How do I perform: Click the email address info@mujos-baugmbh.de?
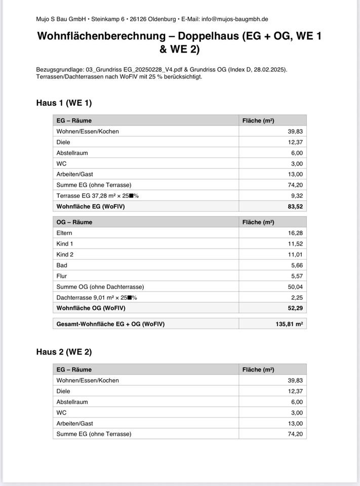pyautogui.click(x=234, y=19)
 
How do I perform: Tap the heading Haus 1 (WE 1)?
pyautogui.click(x=64, y=103)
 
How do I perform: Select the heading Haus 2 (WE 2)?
pyautogui.click(x=64, y=352)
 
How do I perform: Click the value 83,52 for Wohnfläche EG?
pyautogui.click(x=295, y=207)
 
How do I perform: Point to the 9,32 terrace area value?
pyautogui.click(x=296, y=196)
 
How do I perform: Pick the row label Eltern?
pyautogui.click(x=64, y=233)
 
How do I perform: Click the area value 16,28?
pyautogui.click(x=295, y=233)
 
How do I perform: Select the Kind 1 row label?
pyautogui.click(x=65, y=244)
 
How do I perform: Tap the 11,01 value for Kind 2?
pyautogui.click(x=295, y=255)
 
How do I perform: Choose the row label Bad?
pyautogui.click(x=62, y=265)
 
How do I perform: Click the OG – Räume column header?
pyautogui.click(x=74, y=222)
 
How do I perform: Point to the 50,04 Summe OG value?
pyautogui.click(x=295, y=287)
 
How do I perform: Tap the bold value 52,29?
pyautogui.click(x=295, y=308)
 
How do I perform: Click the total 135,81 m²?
pyautogui.click(x=289, y=324)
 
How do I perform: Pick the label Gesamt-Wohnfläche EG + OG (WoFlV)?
pyautogui.click(x=110, y=324)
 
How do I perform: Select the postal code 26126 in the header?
pyautogui.click(x=139, y=19)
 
